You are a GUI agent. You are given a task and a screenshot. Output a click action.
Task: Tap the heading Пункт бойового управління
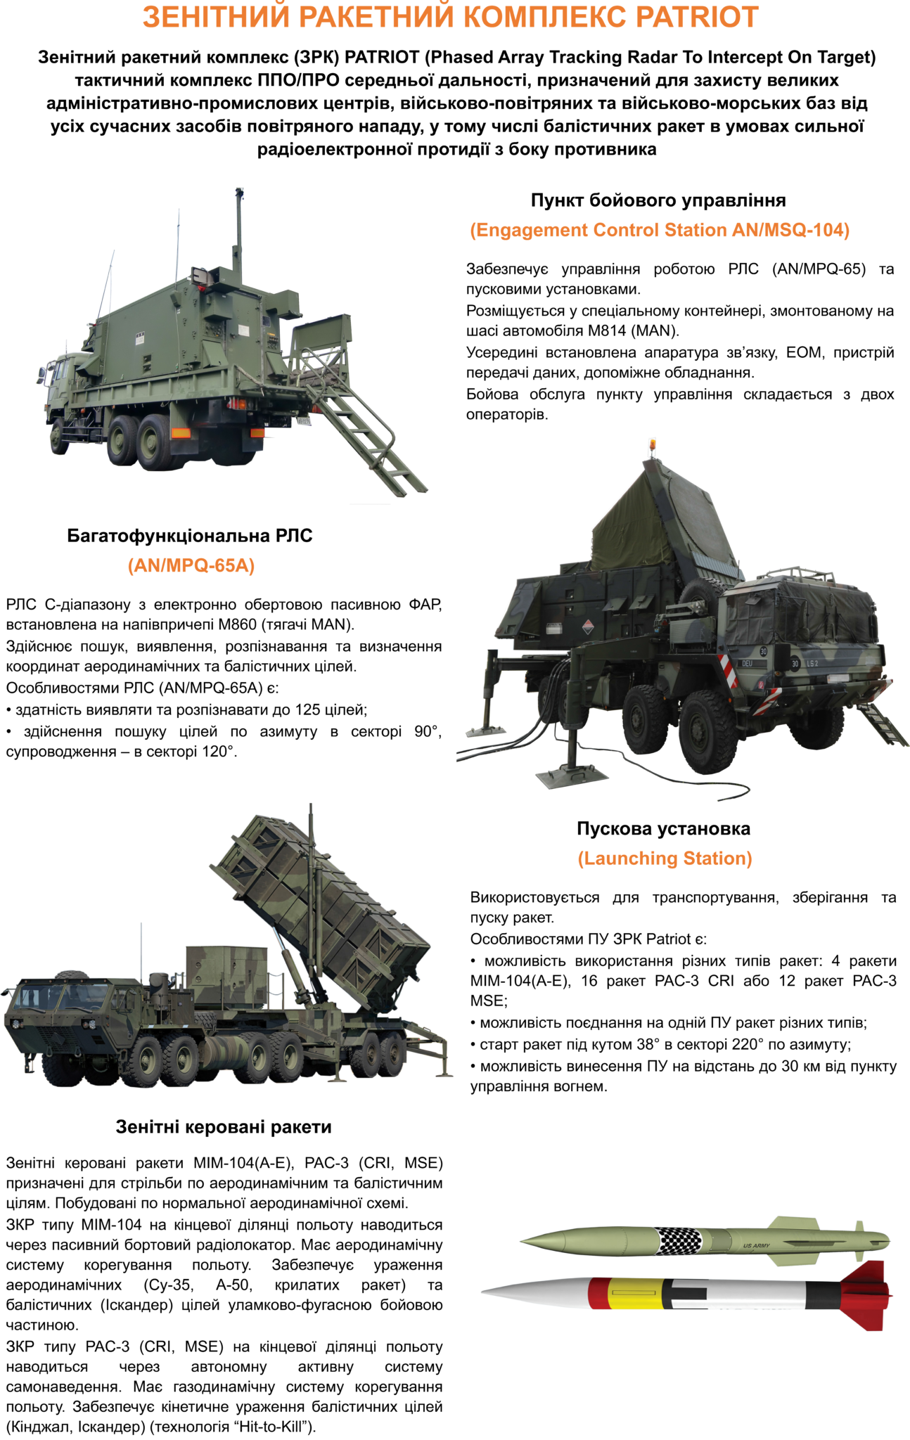tap(658, 200)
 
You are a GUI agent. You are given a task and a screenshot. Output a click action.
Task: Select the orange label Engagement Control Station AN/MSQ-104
tap(660, 230)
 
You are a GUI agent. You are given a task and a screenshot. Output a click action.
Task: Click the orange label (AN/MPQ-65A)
tap(191, 565)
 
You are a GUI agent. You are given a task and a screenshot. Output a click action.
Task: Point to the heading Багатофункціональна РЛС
tap(190, 536)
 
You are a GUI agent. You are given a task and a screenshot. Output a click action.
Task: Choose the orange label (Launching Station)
tap(665, 858)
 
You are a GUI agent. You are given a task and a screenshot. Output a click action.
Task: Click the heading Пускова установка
tap(663, 828)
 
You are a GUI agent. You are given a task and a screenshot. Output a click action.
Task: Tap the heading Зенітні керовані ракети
tap(224, 1126)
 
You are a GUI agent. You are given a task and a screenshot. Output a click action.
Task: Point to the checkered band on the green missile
tap(679, 1241)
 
